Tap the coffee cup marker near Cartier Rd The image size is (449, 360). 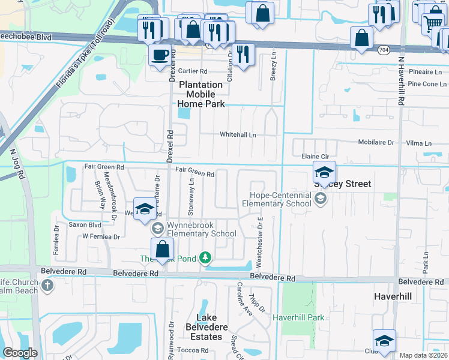(160, 55)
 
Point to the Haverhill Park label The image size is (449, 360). (298, 317)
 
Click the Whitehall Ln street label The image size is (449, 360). (238, 135)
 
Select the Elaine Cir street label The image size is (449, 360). (315, 155)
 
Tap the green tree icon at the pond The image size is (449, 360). (205, 257)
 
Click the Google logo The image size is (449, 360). (20, 353)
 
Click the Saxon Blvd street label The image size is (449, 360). (85, 225)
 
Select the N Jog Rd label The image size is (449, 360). (20, 165)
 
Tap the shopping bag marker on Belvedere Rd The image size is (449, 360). (163, 249)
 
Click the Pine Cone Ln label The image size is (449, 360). (423, 84)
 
